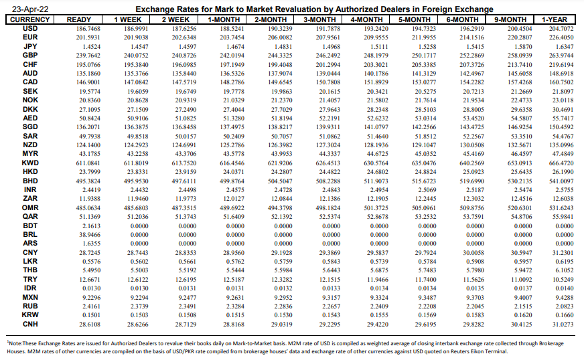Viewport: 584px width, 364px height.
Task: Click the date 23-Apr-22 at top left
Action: [x=30, y=9]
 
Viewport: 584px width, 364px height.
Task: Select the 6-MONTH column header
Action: [x=461, y=19]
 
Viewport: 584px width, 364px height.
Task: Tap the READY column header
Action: [x=78, y=19]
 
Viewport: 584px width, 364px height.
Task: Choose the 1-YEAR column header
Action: [x=555, y=19]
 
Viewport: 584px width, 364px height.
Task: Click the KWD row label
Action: [x=30, y=163]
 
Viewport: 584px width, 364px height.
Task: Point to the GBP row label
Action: [x=30, y=55]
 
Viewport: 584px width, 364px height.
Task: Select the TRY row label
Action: [x=30, y=279]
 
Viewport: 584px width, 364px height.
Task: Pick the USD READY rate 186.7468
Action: [x=88, y=29]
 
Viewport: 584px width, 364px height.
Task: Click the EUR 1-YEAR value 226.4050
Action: [x=561, y=37]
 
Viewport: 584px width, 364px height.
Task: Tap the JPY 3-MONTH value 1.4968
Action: [x=331, y=47]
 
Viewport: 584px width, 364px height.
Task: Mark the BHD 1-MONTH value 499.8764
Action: [x=232, y=181]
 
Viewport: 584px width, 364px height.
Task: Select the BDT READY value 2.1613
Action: [x=91, y=226]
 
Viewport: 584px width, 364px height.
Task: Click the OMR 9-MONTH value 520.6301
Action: [x=520, y=208]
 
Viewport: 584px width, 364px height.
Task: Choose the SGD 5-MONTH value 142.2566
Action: [x=424, y=127]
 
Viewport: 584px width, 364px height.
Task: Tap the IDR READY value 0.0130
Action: [x=91, y=288]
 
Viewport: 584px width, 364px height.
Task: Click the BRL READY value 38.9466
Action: [x=89, y=235]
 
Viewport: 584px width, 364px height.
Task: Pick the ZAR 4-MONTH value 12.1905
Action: [x=377, y=199]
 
